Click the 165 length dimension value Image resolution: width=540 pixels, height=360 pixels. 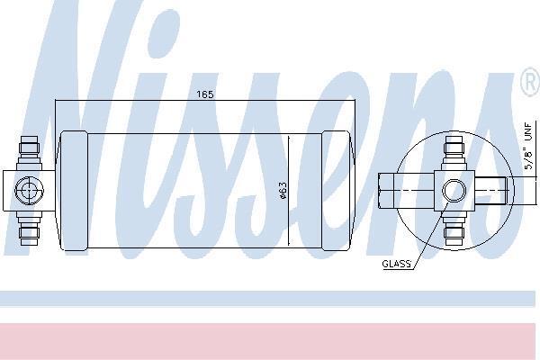tap(205, 94)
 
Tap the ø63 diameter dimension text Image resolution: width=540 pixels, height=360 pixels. tap(283, 191)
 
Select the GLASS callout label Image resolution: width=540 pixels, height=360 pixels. tap(397, 264)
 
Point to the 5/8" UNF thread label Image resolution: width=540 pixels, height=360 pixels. tap(528, 146)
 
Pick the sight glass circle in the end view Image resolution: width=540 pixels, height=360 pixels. tap(454, 191)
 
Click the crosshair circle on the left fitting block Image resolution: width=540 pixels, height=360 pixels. tap(30, 191)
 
